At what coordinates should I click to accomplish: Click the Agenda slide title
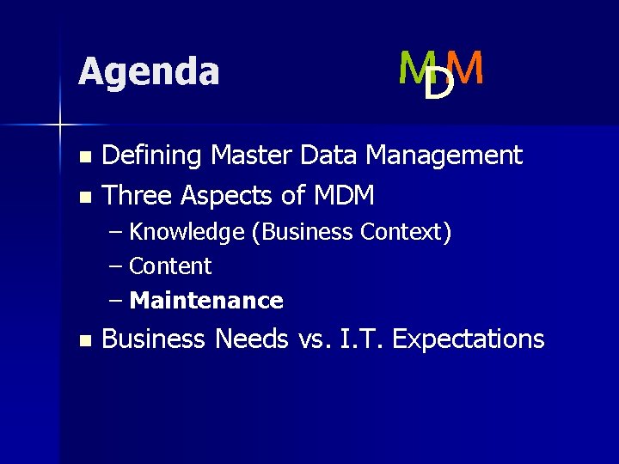[148, 72]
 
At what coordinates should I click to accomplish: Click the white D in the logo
[438, 84]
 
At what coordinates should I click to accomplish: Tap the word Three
[138, 196]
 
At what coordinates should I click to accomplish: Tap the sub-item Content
[170, 266]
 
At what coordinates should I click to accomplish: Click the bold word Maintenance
[206, 301]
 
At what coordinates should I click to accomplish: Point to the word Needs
[251, 339]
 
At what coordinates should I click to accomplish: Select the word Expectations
[468, 339]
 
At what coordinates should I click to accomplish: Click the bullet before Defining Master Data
[83, 157]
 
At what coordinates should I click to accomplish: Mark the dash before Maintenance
[117, 301]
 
